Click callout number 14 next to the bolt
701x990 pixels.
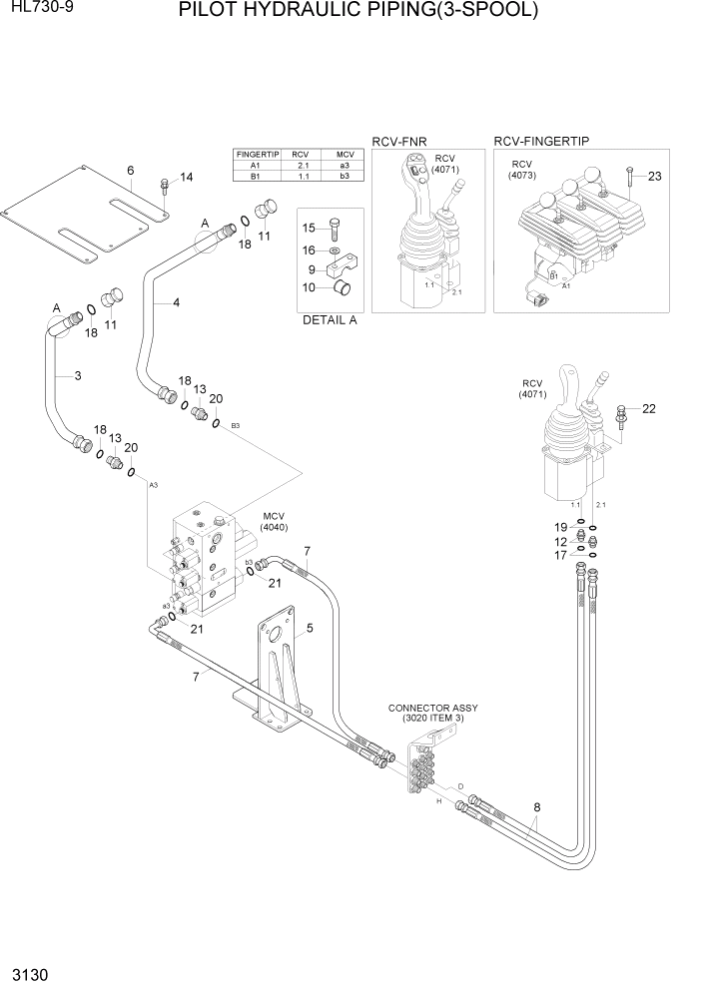pos(186,178)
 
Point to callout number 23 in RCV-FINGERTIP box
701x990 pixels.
pos(654,177)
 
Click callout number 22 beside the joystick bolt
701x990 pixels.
pos(648,408)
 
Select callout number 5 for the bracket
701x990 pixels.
pos(310,629)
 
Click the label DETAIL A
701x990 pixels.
pos(330,320)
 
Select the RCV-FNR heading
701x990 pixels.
pos(398,143)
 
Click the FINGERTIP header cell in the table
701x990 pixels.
pos(256,155)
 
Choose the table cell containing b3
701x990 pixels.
pos(345,176)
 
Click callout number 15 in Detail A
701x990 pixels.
pos(309,228)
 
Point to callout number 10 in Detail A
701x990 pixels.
pos(310,288)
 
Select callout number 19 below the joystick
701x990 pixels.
pos(561,527)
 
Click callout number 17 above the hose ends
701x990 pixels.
pos(561,556)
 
